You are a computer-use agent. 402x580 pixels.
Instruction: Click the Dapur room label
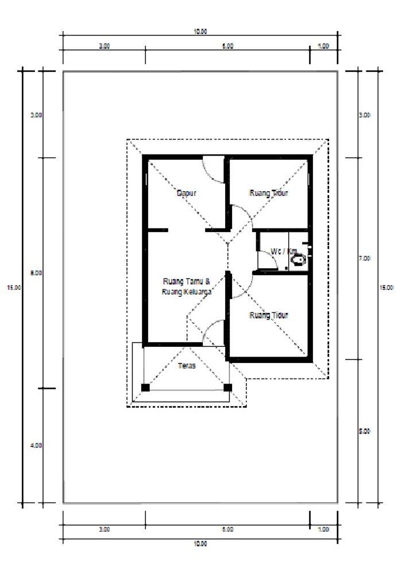[x=187, y=194]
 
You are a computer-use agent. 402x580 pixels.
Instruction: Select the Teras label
[x=187, y=366]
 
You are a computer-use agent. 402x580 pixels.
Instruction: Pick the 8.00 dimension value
[x=36, y=273]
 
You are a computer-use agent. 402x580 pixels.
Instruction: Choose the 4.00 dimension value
[x=36, y=445]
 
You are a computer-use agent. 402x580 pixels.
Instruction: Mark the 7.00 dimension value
[x=365, y=259]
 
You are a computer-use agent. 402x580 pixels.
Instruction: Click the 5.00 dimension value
[x=365, y=431]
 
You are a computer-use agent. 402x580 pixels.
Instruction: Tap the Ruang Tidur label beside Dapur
[x=269, y=194]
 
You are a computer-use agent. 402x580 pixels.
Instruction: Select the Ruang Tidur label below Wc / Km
[x=269, y=315]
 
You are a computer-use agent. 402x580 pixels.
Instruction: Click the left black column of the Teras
[x=145, y=388]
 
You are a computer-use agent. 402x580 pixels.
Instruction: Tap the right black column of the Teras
[x=227, y=388]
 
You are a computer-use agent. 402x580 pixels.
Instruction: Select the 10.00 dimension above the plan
[x=200, y=32]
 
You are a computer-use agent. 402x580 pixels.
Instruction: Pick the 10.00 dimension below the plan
[x=200, y=543]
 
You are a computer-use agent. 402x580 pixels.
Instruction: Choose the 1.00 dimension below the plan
[x=323, y=529]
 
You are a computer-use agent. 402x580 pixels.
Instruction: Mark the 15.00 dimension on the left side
[x=13, y=288]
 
